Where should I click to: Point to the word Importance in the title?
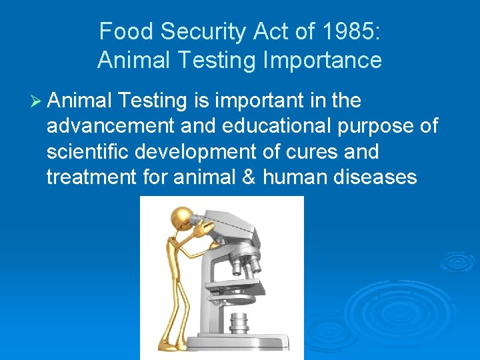[324, 61]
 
